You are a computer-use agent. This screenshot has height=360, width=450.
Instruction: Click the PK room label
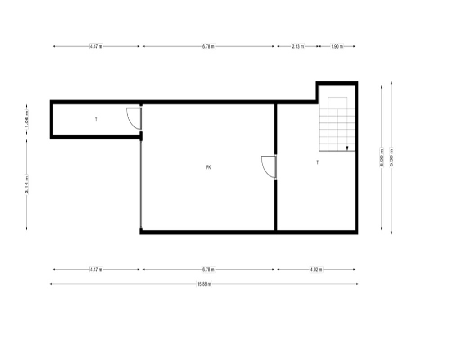[x=208, y=167]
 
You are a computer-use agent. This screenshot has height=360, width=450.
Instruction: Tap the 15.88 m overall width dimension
[x=204, y=284]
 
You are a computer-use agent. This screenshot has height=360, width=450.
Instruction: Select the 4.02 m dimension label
[x=316, y=269]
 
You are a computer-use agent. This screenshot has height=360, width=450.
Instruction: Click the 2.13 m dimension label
[x=298, y=46]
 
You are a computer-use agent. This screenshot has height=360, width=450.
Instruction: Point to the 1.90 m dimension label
[x=337, y=46]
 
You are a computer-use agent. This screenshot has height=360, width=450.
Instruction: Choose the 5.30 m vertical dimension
[x=391, y=157]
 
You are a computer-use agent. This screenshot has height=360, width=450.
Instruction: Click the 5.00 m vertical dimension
[x=382, y=157]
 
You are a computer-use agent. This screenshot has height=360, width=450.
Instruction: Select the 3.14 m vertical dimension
[x=27, y=184]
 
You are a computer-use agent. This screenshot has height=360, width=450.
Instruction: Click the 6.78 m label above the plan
[x=208, y=46]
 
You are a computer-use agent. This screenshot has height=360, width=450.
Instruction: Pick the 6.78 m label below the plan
[x=208, y=269]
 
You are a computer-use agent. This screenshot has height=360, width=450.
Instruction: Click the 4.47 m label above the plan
[x=96, y=46]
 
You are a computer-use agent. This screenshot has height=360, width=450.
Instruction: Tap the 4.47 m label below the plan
[x=96, y=269]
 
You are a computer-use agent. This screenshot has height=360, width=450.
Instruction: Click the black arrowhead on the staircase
[x=347, y=148]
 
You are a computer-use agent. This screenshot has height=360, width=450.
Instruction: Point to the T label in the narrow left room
[x=96, y=119]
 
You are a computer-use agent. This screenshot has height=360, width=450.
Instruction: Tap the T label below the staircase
[x=318, y=162]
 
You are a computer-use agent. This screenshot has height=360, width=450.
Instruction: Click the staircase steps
[x=337, y=124]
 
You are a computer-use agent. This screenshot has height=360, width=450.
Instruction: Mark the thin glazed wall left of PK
[x=141, y=184]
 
